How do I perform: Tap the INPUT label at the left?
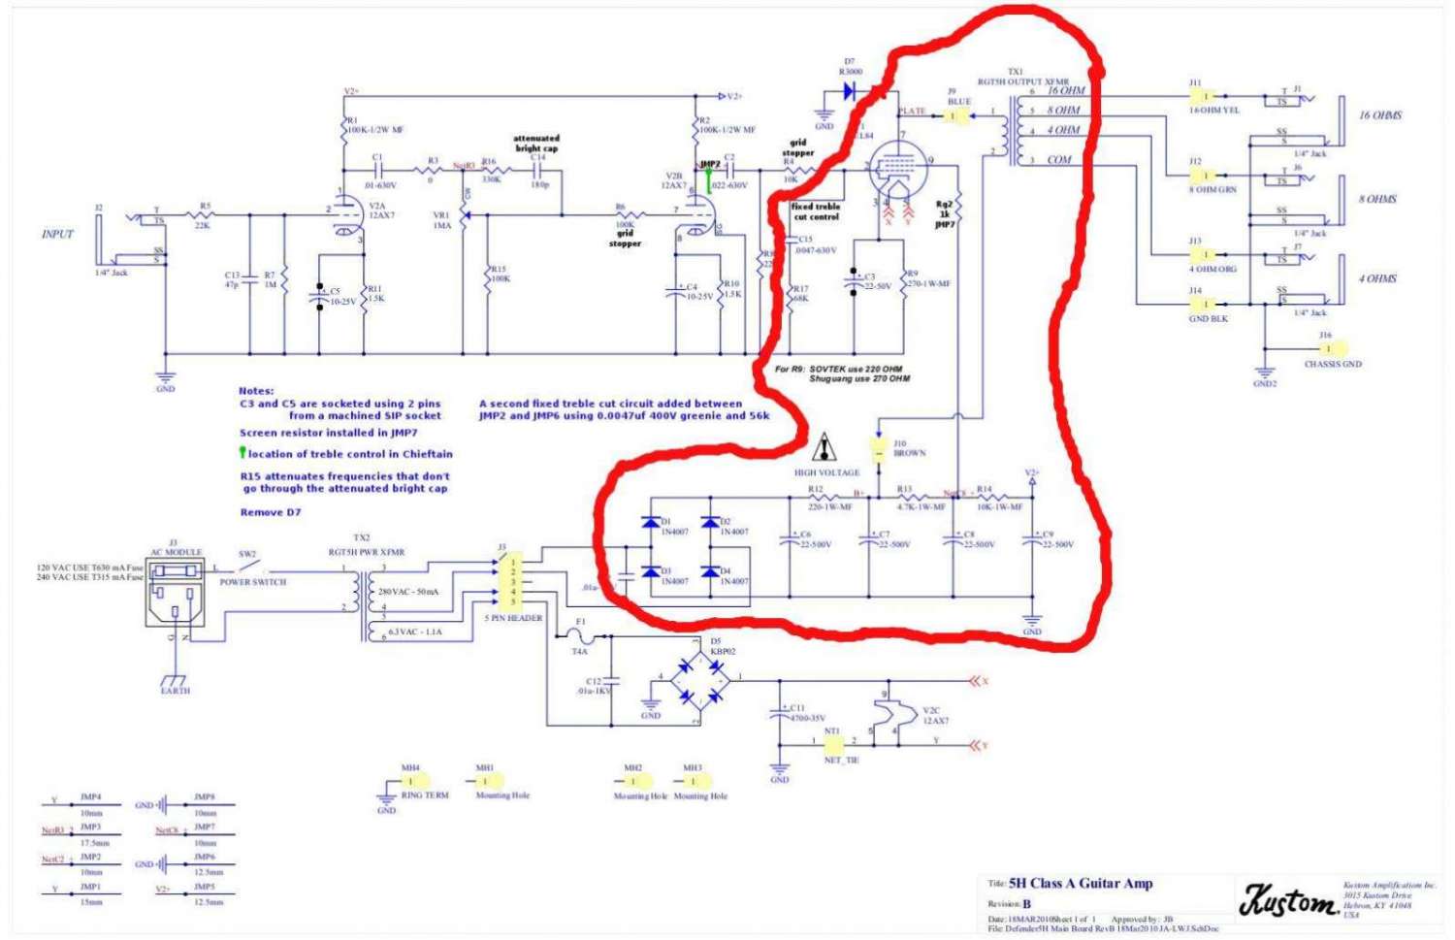[x=57, y=234]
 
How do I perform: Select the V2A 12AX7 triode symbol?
[x=341, y=215]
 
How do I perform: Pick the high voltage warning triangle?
[x=825, y=447]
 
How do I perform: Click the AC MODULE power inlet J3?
[x=175, y=593]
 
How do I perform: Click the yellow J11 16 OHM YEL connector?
[x=1203, y=96]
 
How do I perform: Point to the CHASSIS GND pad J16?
[x=1326, y=348]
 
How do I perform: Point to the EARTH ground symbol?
[x=175, y=679]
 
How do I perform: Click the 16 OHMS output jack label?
[x=1379, y=115]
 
